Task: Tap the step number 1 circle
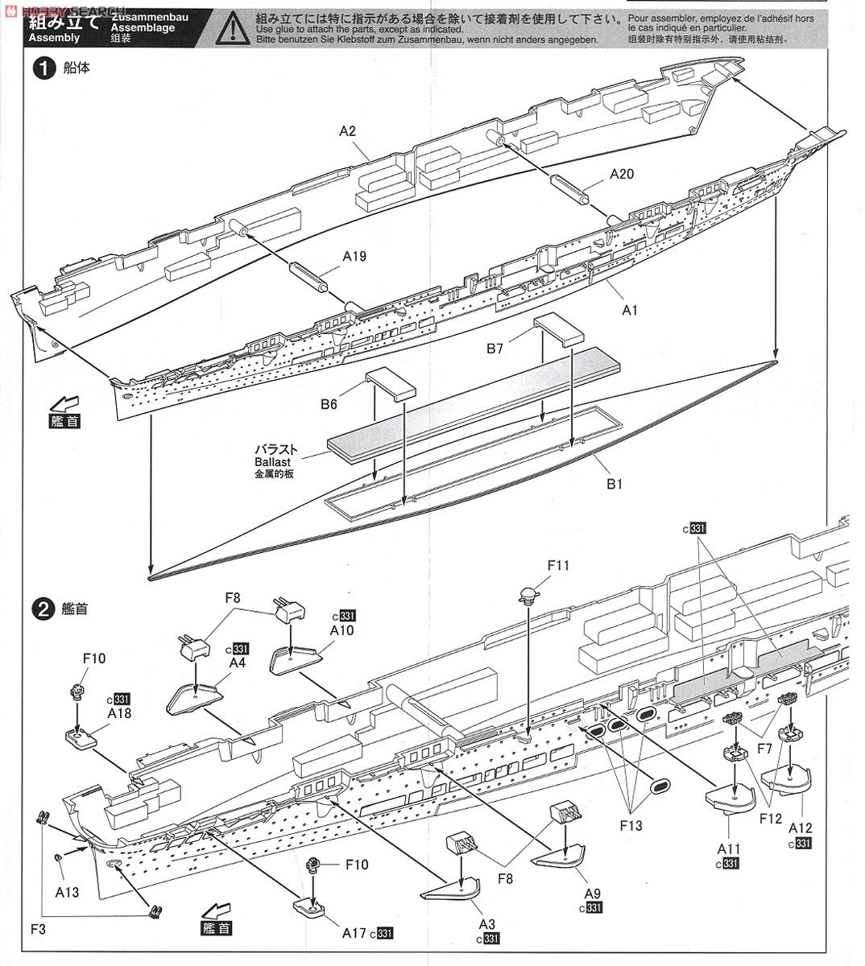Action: pos(43,68)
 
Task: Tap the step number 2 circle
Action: pos(43,609)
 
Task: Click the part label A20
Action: pos(622,173)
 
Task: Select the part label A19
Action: pos(354,256)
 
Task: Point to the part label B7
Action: pos(495,349)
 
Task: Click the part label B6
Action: pos(328,405)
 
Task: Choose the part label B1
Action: pos(615,484)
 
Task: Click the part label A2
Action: pos(348,130)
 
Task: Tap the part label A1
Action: pos(630,309)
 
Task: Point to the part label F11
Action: pos(558,565)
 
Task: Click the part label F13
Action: pos(632,826)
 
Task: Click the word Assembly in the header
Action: pos(54,37)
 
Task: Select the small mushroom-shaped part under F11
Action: pos(528,596)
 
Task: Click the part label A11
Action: pos(729,848)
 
